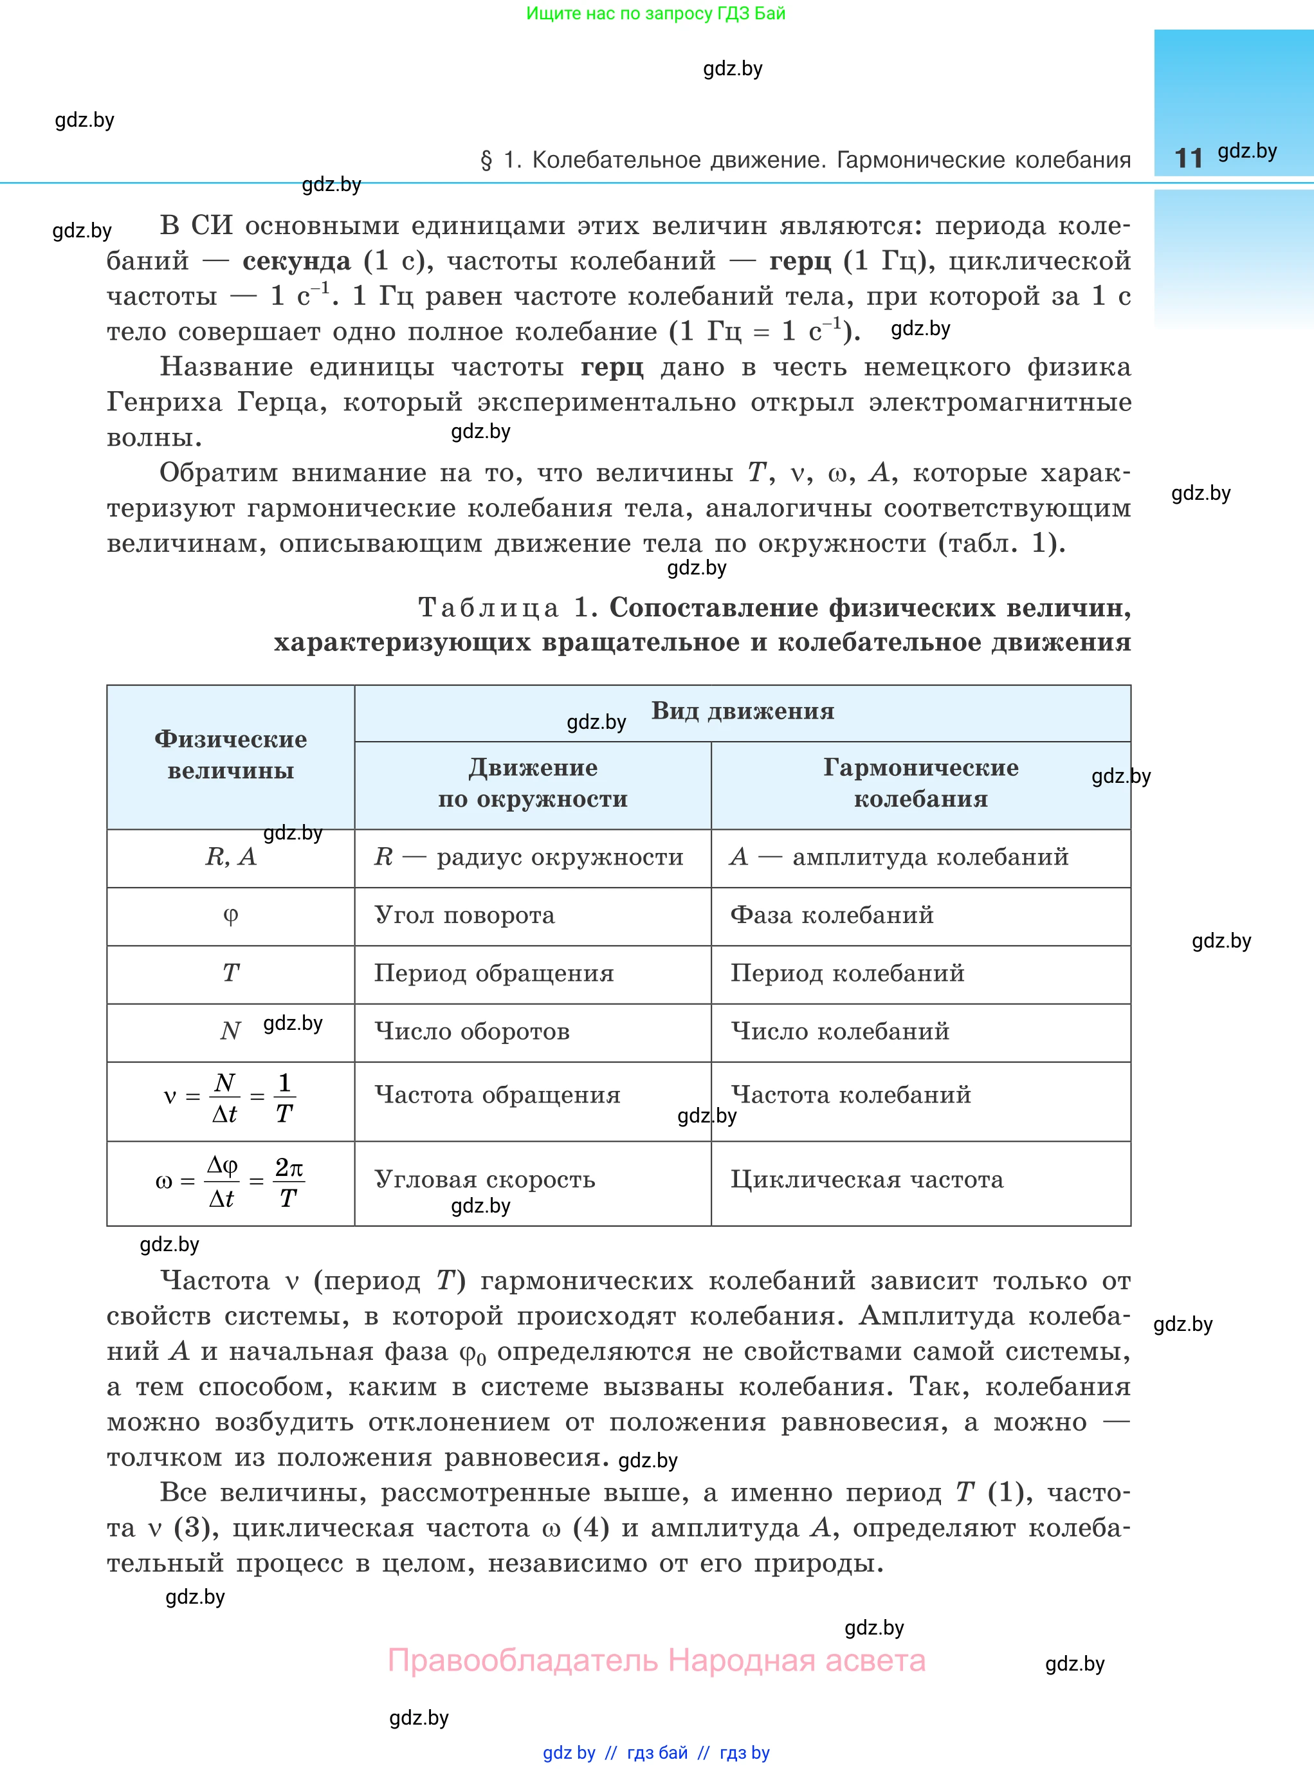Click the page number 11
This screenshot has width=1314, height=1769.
tap(1189, 158)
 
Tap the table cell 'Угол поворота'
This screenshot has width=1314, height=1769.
tap(464, 915)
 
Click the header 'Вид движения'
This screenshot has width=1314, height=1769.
tap(742, 711)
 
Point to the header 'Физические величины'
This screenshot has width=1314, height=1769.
tap(231, 755)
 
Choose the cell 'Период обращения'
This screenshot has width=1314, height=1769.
tap(494, 973)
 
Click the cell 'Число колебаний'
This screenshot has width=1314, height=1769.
tap(840, 1032)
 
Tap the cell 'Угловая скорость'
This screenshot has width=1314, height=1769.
tap(484, 1180)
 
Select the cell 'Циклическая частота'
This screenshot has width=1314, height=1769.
tap(867, 1180)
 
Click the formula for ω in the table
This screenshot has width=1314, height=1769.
tap(230, 1182)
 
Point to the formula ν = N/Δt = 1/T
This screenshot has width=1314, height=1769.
tap(229, 1097)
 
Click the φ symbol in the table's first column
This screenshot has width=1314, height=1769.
tap(231, 915)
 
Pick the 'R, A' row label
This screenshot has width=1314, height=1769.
tap(231, 857)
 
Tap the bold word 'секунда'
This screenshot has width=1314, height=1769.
tap(297, 261)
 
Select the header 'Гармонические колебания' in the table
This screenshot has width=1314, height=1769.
tap(920, 784)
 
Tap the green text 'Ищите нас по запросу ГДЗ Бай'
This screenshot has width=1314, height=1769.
tap(655, 14)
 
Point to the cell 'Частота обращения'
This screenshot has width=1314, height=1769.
tap(497, 1095)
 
